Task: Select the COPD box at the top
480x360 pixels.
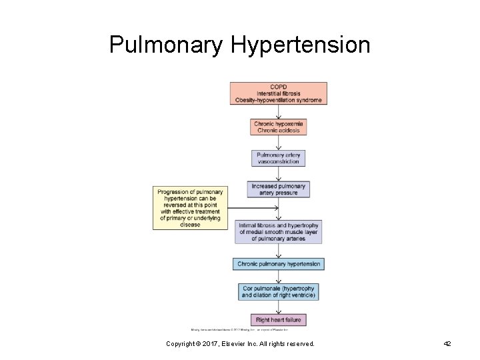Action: tap(279, 93)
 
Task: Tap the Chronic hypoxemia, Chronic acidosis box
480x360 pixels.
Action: tap(279, 127)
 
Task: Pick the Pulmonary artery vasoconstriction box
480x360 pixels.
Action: tap(279, 159)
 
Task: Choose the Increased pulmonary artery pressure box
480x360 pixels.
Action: tap(279, 189)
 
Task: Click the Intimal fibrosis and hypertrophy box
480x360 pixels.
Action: tap(279, 231)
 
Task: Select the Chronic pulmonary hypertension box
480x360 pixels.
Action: tap(279, 264)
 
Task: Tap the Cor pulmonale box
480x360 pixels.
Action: tap(279, 292)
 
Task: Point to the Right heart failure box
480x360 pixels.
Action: tap(279, 320)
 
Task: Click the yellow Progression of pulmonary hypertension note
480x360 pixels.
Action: tap(190, 208)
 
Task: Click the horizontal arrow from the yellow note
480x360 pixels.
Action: tap(253, 208)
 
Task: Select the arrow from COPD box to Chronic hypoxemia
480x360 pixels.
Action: tap(279, 112)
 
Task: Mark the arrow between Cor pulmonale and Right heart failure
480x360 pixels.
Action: tap(279, 307)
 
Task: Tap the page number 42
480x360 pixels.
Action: tap(447, 344)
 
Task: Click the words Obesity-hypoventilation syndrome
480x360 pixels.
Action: tap(279, 101)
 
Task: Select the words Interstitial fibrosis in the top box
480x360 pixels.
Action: tap(279, 93)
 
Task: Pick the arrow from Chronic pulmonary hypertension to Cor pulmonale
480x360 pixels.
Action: tap(279, 277)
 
